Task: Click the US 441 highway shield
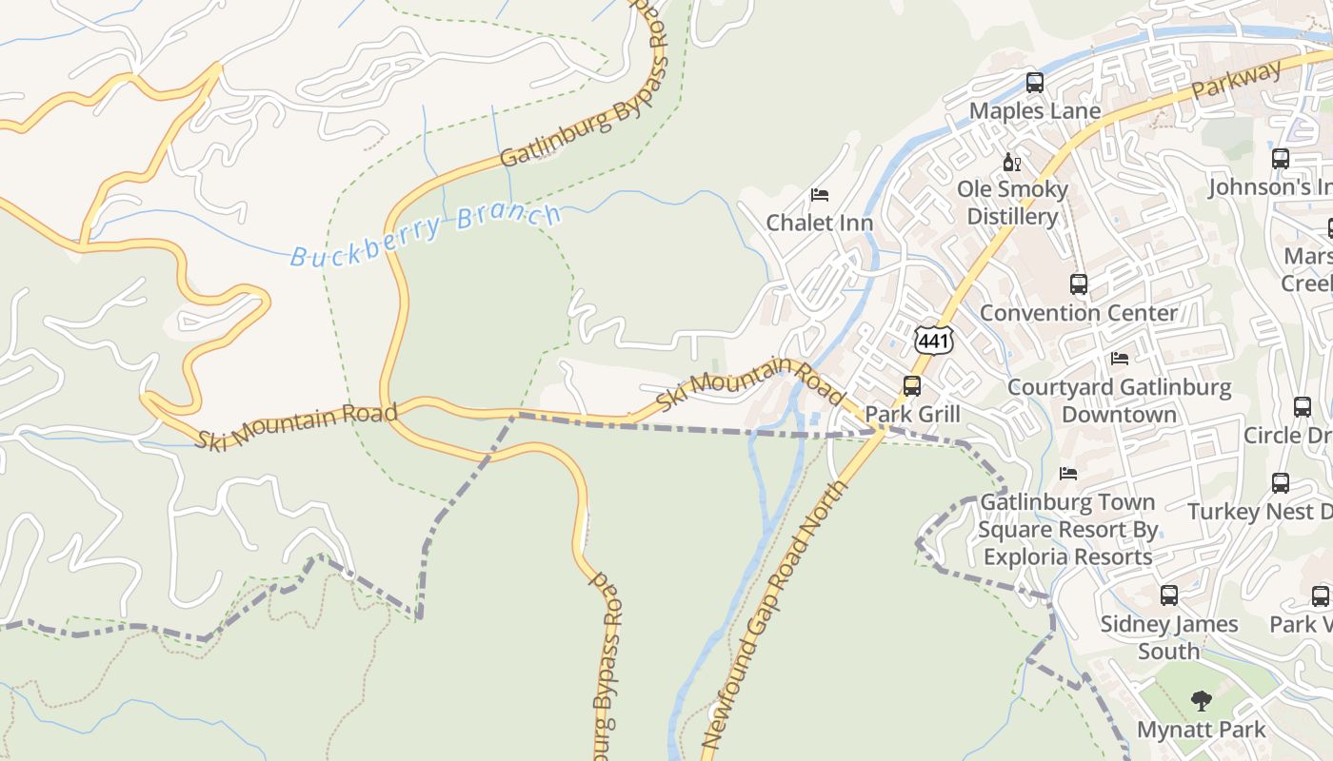(933, 340)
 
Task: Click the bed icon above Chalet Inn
(819, 195)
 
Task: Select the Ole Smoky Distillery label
(1012, 203)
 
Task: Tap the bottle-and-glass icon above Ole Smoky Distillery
(1011, 163)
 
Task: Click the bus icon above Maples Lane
(1035, 83)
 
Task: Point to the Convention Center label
(1078, 313)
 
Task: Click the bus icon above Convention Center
(1078, 283)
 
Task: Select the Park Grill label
(912, 415)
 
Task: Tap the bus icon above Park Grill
(911, 386)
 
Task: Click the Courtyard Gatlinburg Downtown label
(1119, 401)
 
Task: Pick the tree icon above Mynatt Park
(1201, 701)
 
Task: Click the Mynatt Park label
(1201, 731)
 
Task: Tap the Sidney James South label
(1168, 637)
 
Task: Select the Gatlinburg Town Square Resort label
(1067, 529)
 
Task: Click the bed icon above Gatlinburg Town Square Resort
(1067, 473)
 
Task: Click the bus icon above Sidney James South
(1168, 595)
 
